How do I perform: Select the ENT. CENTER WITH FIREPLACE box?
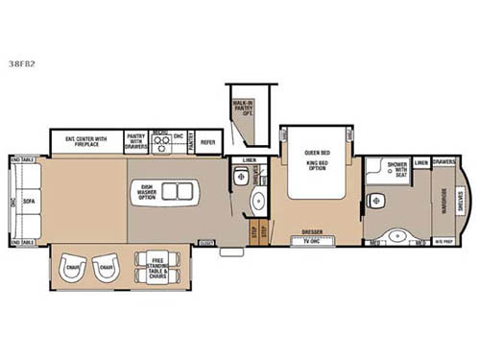coord(87,142)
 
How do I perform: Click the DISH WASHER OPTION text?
coord(147,191)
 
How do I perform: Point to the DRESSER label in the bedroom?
coord(311,230)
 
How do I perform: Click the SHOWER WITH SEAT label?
coord(396,167)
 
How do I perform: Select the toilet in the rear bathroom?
coord(376,202)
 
